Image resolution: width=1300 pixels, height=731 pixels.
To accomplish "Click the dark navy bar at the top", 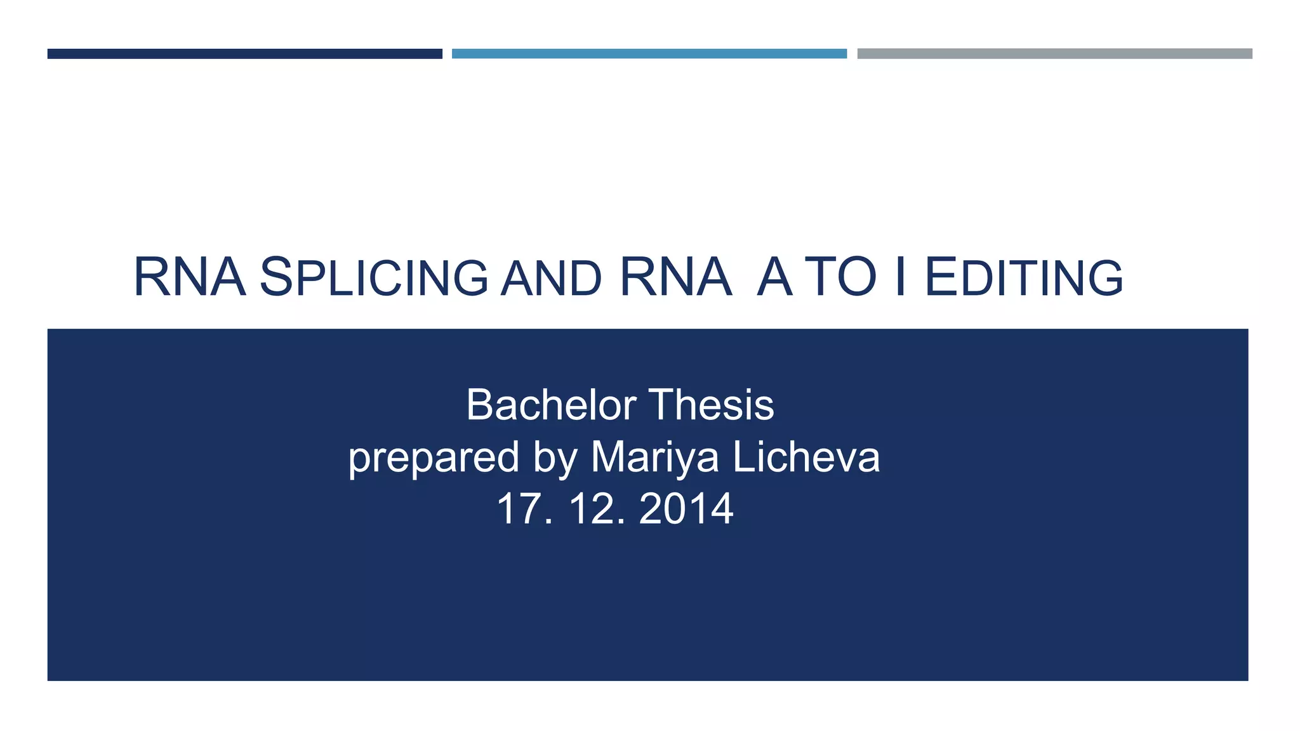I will pyautogui.click(x=244, y=54).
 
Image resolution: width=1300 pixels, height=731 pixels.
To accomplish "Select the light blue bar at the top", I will pyautogui.click(x=649, y=54).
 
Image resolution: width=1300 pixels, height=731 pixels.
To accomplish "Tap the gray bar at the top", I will pyautogui.click(x=1054, y=54).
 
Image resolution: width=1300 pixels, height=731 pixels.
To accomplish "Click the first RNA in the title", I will pyautogui.click(x=189, y=277).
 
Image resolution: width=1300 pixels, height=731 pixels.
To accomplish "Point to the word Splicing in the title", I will pyautogui.click(x=374, y=277).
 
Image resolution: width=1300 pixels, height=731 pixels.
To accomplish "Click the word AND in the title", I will pyautogui.click(x=550, y=279).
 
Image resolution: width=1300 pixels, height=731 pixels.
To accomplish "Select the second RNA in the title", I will pyautogui.click(x=675, y=277).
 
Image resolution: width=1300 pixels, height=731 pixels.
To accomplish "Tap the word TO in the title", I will pyautogui.click(x=842, y=277).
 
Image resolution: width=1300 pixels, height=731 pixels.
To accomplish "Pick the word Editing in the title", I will pyautogui.click(x=1023, y=277).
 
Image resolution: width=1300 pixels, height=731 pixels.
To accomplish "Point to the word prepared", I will pyautogui.click(x=434, y=458).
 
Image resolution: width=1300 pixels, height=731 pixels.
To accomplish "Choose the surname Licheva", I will pyautogui.click(x=806, y=457).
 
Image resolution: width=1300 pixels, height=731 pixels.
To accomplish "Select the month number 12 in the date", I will pyautogui.click(x=590, y=509).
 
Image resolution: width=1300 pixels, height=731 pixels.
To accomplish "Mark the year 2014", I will pyautogui.click(x=686, y=509).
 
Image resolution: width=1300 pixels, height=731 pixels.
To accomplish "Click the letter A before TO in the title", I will pyautogui.click(x=775, y=277).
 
